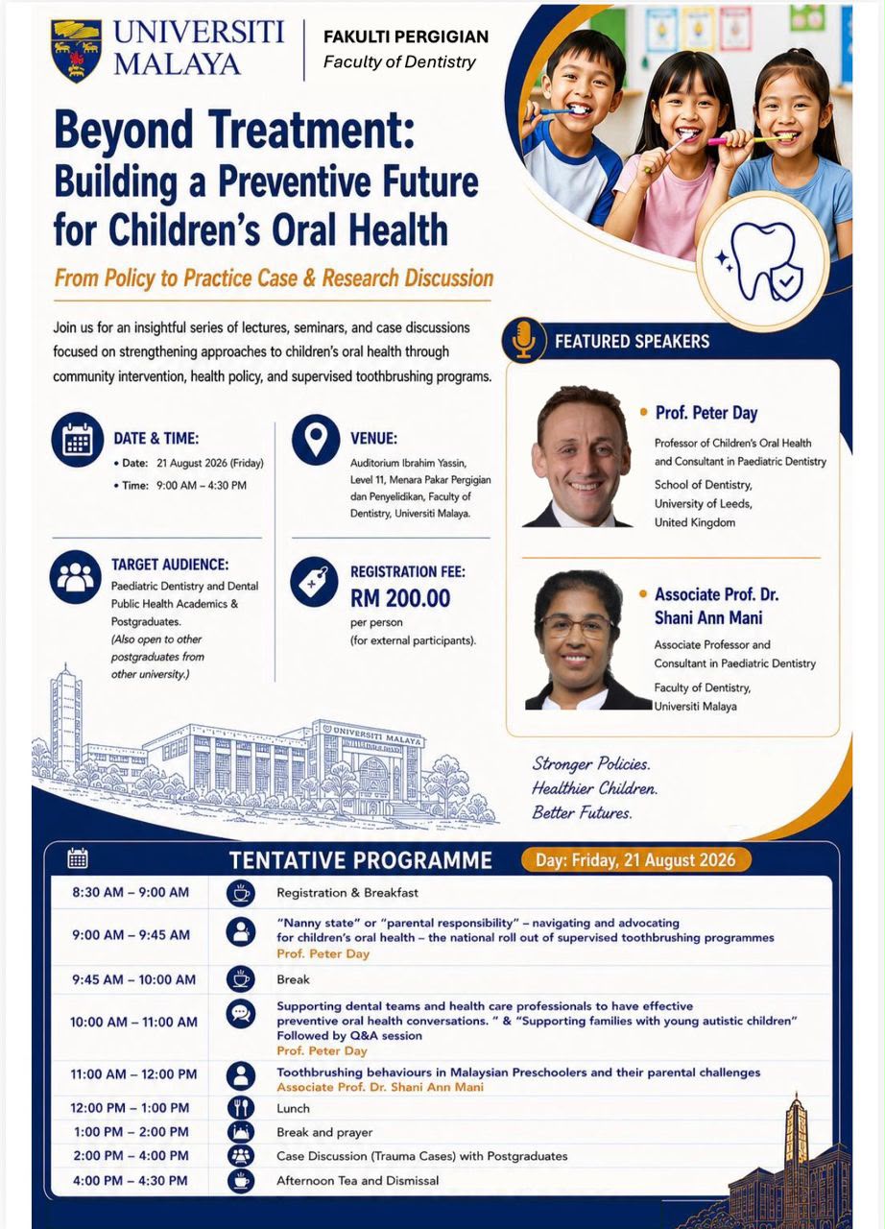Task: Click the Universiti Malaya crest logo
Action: point(76,51)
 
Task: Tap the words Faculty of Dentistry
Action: point(399,62)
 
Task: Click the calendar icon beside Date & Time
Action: point(78,440)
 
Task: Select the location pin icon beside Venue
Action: point(316,440)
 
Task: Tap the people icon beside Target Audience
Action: point(75,577)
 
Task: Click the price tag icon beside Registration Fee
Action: point(314,582)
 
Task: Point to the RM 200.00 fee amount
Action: point(400,598)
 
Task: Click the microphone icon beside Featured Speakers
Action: point(524,341)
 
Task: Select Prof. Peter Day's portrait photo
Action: point(580,456)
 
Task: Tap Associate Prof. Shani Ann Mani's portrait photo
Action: point(586,639)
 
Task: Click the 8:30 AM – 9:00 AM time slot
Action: point(131,892)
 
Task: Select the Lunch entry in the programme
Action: point(293,1108)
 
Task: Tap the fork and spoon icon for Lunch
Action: point(241,1108)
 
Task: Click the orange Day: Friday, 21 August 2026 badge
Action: point(635,859)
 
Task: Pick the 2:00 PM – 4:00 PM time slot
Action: point(131,1155)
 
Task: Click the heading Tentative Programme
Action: point(360,860)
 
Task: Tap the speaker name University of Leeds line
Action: point(703,504)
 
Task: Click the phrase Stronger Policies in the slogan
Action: point(590,763)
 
